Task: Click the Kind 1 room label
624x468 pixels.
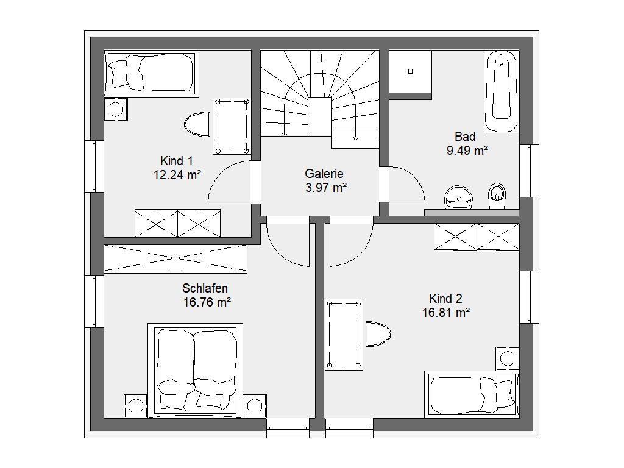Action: [176, 161]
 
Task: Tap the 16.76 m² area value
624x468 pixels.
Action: [207, 302]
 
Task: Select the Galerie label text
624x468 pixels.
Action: [324, 174]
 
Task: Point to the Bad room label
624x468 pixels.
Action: [465, 136]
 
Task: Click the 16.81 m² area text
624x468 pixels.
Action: [445, 313]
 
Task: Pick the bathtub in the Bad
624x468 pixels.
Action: [502, 91]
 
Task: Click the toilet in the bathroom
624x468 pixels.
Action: [497, 196]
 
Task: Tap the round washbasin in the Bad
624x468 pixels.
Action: [458, 197]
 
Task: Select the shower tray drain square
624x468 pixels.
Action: [410, 71]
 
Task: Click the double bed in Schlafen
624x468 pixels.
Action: [195, 370]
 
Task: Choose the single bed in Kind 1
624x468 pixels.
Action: [152, 73]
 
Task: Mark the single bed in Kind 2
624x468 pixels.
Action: [472, 394]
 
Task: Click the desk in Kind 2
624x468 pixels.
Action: [344, 335]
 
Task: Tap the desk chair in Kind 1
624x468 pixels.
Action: [197, 124]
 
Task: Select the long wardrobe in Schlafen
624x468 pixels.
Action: [175, 258]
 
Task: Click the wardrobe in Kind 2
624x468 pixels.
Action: [477, 238]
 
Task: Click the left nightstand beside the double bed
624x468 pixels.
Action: [136, 406]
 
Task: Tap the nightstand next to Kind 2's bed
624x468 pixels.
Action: [508, 358]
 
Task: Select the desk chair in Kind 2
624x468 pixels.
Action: [378, 334]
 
